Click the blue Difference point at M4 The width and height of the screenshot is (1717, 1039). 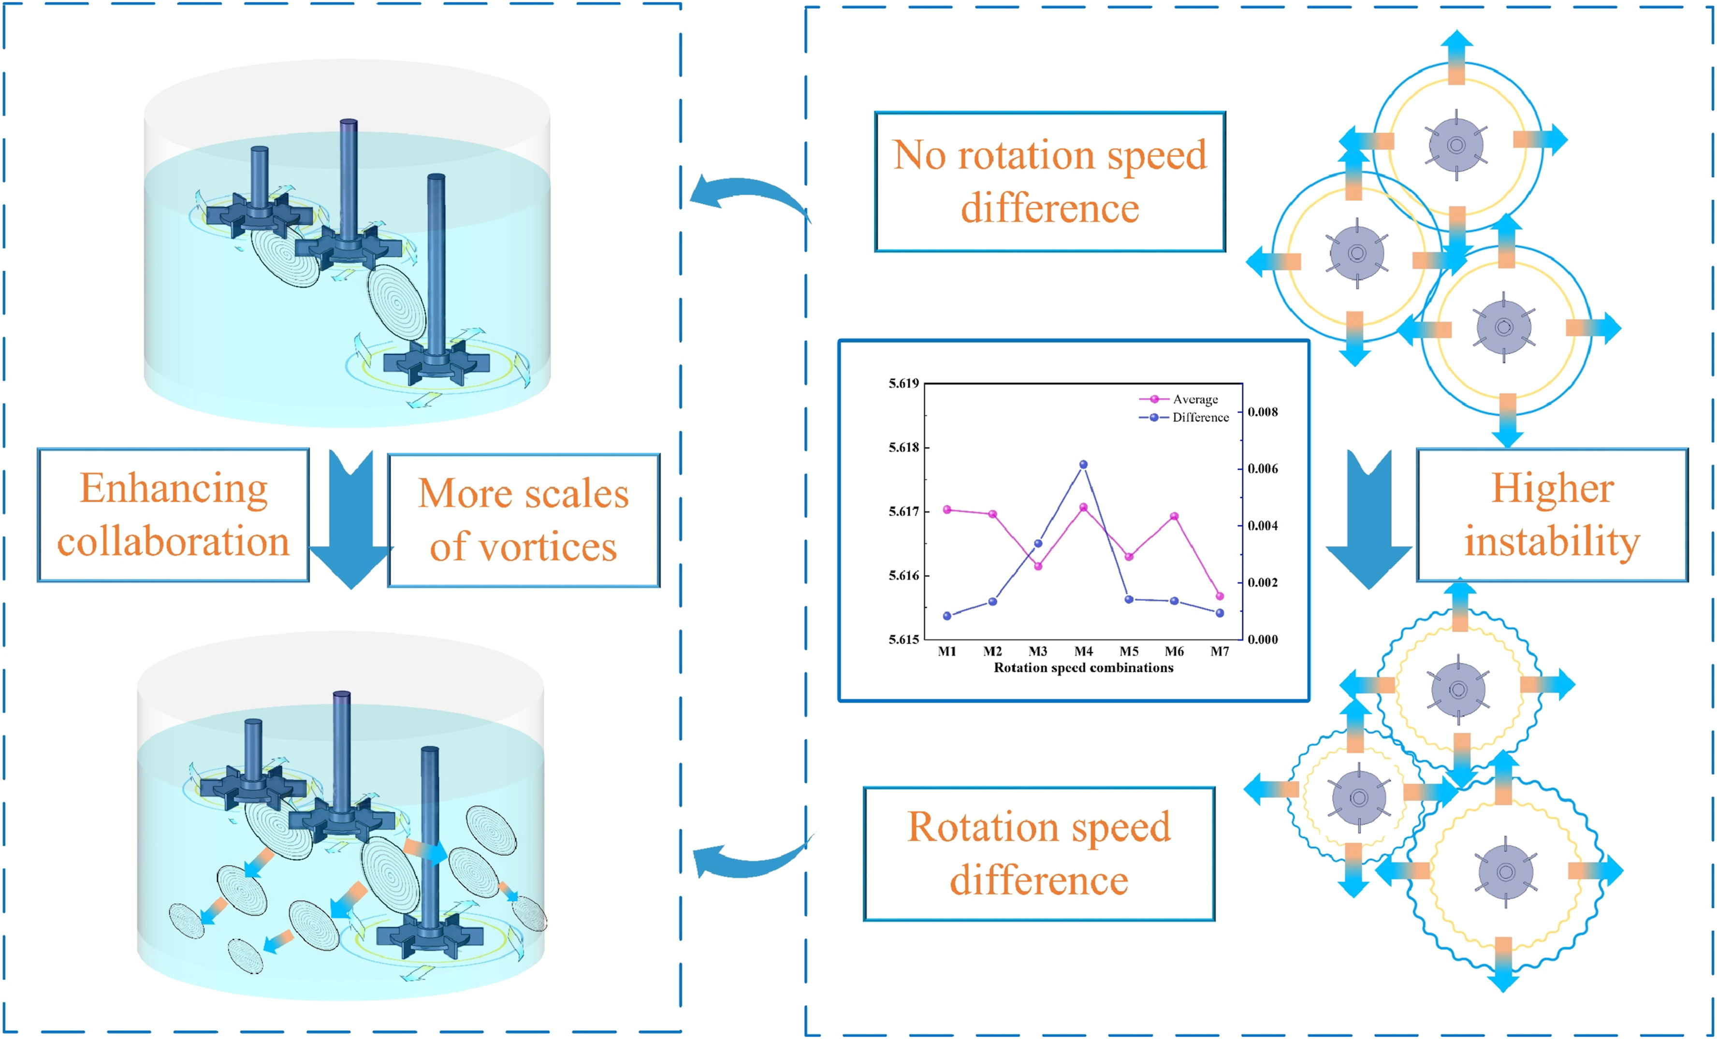(x=1083, y=464)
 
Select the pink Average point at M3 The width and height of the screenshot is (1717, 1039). (x=1037, y=566)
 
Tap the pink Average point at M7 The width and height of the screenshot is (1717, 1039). (x=1220, y=596)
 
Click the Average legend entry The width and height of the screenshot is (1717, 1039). (x=1194, y=399)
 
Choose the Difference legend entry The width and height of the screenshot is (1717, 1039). (x=1200, y=418)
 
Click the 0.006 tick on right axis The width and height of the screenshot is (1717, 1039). (x=1263, y=469)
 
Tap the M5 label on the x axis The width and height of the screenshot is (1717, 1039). (x=1129, y=651)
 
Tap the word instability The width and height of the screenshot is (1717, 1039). (x=1552, y=542)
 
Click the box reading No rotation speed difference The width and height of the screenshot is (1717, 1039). (x=1049, y=181)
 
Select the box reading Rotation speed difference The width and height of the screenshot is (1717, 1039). (x=1039, y=853)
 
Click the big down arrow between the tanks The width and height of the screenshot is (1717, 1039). (x=351, y=519)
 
